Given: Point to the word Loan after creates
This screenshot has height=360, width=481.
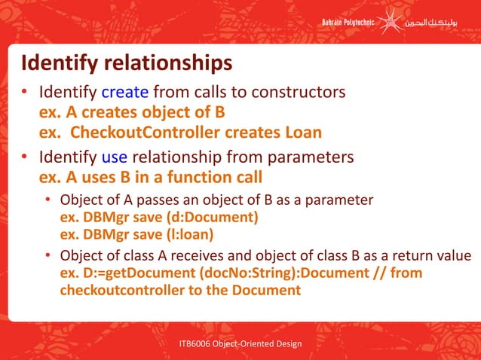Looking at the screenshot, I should pos(301,133).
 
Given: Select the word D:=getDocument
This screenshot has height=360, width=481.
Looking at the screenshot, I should pos(116,273).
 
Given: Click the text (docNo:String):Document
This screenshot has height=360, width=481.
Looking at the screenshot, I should pos(260,273).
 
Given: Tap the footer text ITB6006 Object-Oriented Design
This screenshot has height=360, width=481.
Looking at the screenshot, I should pos(240,344).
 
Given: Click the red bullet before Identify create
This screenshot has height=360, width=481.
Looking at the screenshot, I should pos(24,93).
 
